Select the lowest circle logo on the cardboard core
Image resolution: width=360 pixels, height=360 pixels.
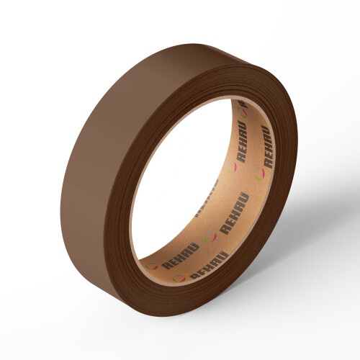(179, 279)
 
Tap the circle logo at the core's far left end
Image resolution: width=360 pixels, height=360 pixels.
(152, 266)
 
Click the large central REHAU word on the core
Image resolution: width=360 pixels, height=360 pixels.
(235, 214)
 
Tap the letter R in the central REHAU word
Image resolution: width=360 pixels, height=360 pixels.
(225, 230)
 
